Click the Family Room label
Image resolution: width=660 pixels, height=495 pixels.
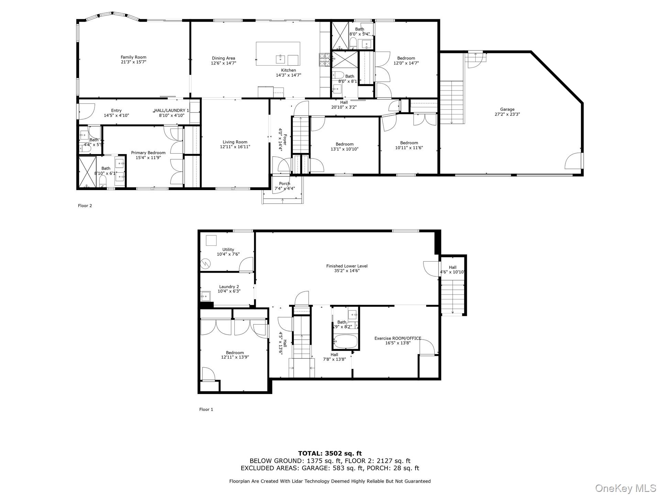(133, 57)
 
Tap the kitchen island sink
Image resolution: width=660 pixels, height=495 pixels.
(281, 59)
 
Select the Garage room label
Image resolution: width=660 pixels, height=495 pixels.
(507, 109)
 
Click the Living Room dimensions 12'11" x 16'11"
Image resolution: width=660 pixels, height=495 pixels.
(235, 147)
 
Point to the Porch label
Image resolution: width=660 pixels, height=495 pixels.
(284, 184)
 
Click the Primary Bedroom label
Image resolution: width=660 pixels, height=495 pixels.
(148, 153)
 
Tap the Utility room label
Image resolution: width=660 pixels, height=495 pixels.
(228, 250)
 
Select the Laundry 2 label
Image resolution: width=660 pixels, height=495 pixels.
(229, 287)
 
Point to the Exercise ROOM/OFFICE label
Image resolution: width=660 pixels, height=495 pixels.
(398, 338)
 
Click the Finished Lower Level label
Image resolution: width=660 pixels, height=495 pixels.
(346, 266)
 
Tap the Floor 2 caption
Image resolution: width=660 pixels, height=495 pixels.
(85, 206)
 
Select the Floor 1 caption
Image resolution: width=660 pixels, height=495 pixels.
(206, 409)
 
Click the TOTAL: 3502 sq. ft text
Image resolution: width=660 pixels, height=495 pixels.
(330, 453)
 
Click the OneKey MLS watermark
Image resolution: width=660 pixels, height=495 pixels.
(625, 488)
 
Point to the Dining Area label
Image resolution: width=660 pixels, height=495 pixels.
(223, 58)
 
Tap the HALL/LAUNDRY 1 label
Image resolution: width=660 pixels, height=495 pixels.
(172, 110)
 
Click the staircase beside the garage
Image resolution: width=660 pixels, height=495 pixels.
(452, 102)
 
